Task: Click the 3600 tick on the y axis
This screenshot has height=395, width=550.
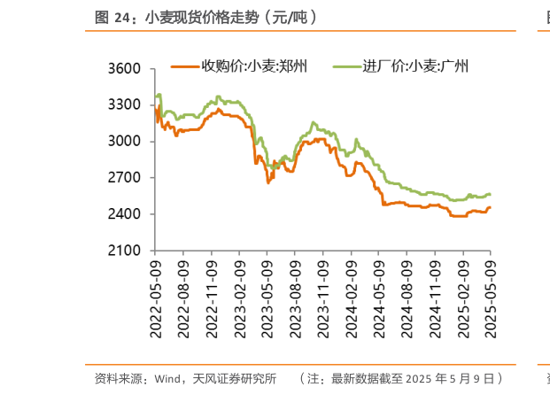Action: tap(124, 69)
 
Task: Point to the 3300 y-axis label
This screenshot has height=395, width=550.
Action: tap(124, 105)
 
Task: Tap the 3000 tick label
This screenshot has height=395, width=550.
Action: tap(124, 142)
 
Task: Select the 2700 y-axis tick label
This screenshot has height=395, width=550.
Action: tap(124, 178)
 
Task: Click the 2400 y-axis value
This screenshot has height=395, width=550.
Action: tap(124, 214)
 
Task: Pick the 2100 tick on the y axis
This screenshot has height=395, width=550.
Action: tap(124, 251)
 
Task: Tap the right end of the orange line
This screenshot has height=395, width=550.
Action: tap(490, 207)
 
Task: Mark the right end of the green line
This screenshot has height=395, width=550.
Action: tap(490, 194)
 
